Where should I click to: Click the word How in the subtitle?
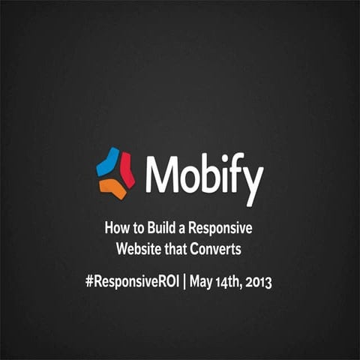point(115,228)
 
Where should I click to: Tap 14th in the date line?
point(235,283)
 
